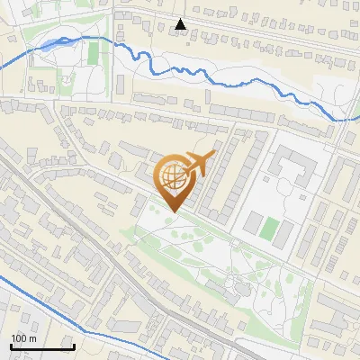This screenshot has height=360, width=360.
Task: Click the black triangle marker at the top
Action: [181, 24]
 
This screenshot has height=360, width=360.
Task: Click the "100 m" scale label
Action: [23, 338]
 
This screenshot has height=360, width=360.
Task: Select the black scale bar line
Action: [41, 346]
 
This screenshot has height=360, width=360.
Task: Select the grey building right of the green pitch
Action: [284, 234]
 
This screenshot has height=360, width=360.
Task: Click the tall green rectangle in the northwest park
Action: [94, 53]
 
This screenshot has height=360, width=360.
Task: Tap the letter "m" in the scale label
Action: [32, 338]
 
